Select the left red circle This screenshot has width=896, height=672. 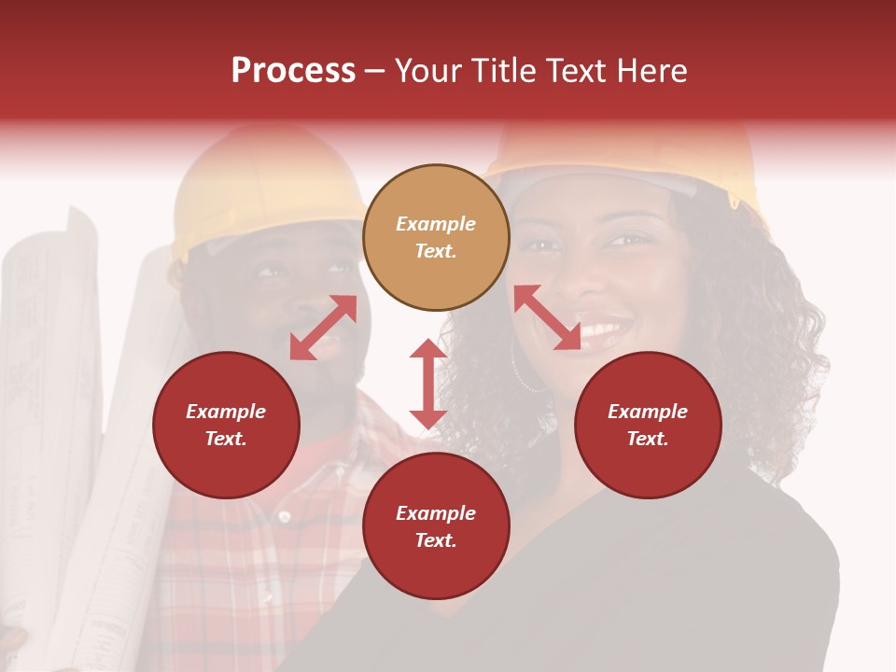click(x=226, y=425)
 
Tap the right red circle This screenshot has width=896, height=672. click(x=648, y=425)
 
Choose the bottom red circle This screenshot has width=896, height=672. click(x=436, y=526)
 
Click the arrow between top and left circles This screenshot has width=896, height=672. click(x=323, y=328)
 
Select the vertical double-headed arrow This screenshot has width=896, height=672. click(x=428, y=384)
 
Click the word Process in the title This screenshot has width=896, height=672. click(x=293, y=70)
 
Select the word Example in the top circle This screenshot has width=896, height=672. click(x=436, y=224)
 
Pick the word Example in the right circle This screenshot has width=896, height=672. click(x=648, y=412)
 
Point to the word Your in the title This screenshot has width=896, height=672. click(x=427, y=70)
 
